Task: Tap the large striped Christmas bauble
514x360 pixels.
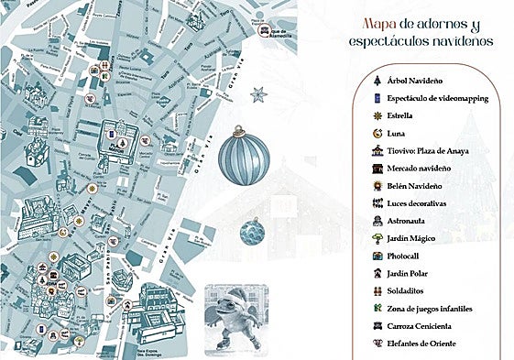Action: click(244, 157)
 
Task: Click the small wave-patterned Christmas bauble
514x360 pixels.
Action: click(252, 231)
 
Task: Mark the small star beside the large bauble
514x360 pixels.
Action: click(257, 93)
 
